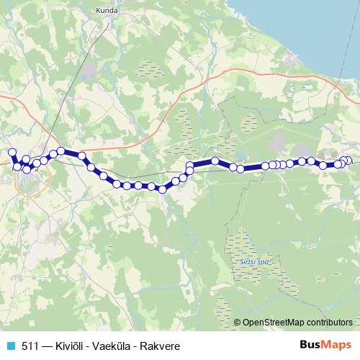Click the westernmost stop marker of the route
coord(12,153)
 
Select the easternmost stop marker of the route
coord(349,161)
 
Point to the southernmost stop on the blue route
coord(163,189)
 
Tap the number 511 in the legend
coord(30,346)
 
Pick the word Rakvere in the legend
coord(161,346)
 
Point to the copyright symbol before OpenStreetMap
coord(238,322)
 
